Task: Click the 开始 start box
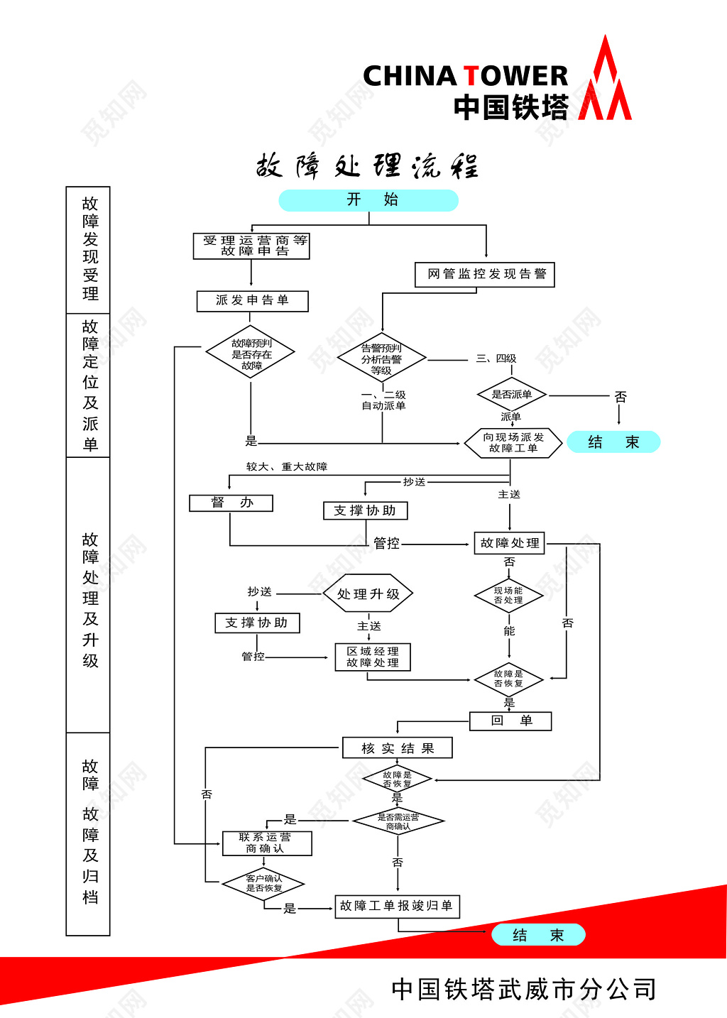pos(368,200)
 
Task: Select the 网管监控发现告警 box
pos(485,275)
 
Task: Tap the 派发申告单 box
pos(253,301)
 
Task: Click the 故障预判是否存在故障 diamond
pos(251,354)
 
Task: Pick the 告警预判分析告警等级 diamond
pos(382,359)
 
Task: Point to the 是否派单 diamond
pos(511,395)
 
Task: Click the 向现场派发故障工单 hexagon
pos(513,443)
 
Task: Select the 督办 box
pos(231,503)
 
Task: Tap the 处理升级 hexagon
pos(368,594)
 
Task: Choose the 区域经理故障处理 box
pos(373,657)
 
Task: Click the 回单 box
pos(510,721)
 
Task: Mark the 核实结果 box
pos(397,748)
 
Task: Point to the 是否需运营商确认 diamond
pos(398,822)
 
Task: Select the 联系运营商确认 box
pos(266,843)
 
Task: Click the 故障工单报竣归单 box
pos(397,907)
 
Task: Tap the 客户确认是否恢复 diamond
pos(263,884)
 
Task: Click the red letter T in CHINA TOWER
pos(471,76)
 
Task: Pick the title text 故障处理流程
pos(368,167)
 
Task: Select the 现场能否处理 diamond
pos(509,596)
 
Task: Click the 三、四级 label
pos(496,359)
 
